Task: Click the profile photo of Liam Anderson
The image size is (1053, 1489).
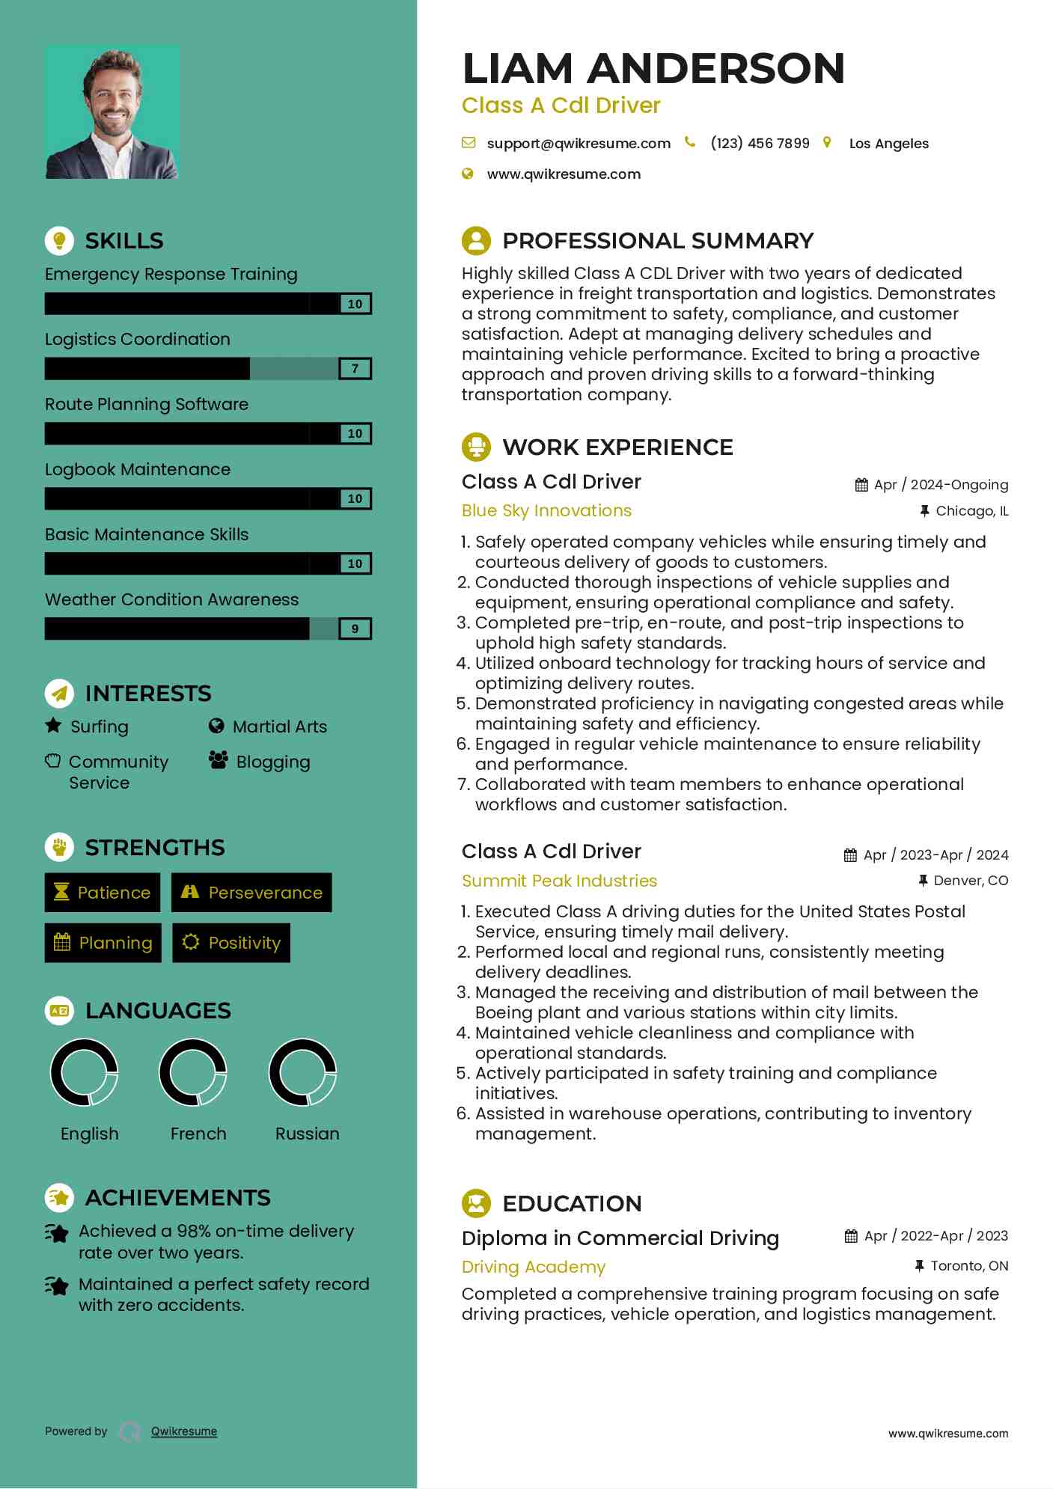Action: pos(112,112)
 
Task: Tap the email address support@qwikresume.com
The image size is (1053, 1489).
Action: pos(578,144)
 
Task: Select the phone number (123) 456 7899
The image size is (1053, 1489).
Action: pos(760,144)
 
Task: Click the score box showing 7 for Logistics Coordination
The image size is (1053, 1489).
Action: pos(355,369)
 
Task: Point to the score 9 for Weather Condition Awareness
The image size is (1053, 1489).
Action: pos(355,629)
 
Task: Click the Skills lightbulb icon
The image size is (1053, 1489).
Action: pos(59,240)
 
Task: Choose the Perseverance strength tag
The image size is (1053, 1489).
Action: pos(251,893)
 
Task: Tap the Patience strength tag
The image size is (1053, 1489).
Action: pos(103,893)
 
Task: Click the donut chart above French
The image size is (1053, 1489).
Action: pos(193,1072)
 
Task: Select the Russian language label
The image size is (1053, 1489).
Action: pos(307,1134)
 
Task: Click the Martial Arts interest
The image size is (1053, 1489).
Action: pos(279,727)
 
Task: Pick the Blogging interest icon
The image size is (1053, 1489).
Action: pos(219,761)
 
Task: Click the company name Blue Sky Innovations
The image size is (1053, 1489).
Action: pos(546,511)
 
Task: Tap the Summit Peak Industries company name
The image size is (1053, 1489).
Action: pos(559,881)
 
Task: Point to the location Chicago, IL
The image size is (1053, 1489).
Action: pos(971,511)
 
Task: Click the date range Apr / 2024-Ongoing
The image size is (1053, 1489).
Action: pos(941,485)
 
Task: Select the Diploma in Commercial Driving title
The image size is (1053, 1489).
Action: pos(620,1238)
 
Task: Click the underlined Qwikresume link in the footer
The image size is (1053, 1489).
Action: pos(184,1431)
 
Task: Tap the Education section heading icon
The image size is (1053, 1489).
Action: pos(476,1203)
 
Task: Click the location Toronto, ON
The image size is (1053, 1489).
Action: pos(969,1266)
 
